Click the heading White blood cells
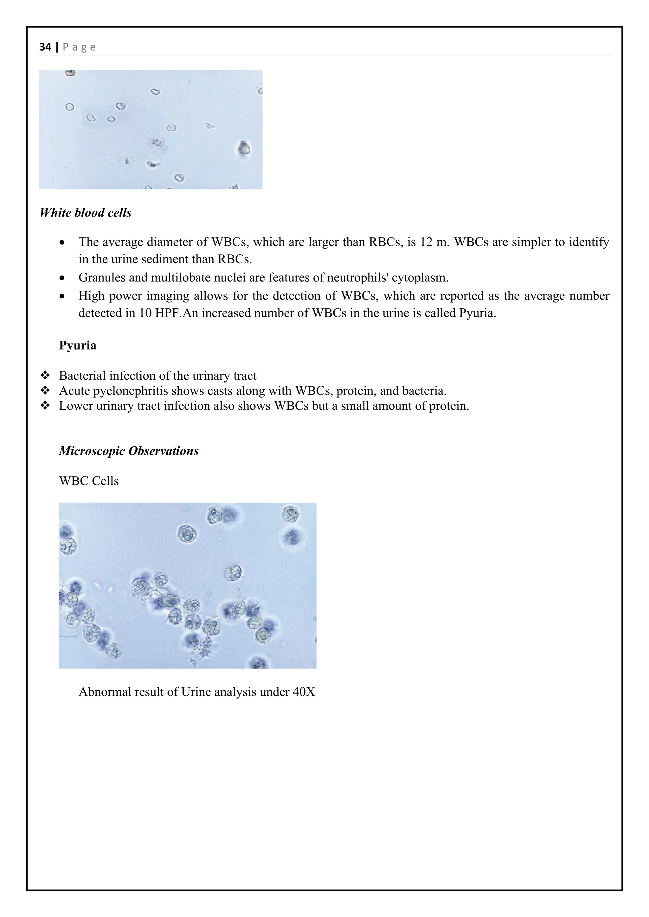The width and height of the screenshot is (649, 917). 86,212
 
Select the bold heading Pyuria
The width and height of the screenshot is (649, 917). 78,345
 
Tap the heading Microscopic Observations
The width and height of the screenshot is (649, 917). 129,451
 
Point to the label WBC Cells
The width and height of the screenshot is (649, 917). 89,481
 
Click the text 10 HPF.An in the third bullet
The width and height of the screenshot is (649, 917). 165,313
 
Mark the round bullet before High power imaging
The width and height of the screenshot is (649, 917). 61,296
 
